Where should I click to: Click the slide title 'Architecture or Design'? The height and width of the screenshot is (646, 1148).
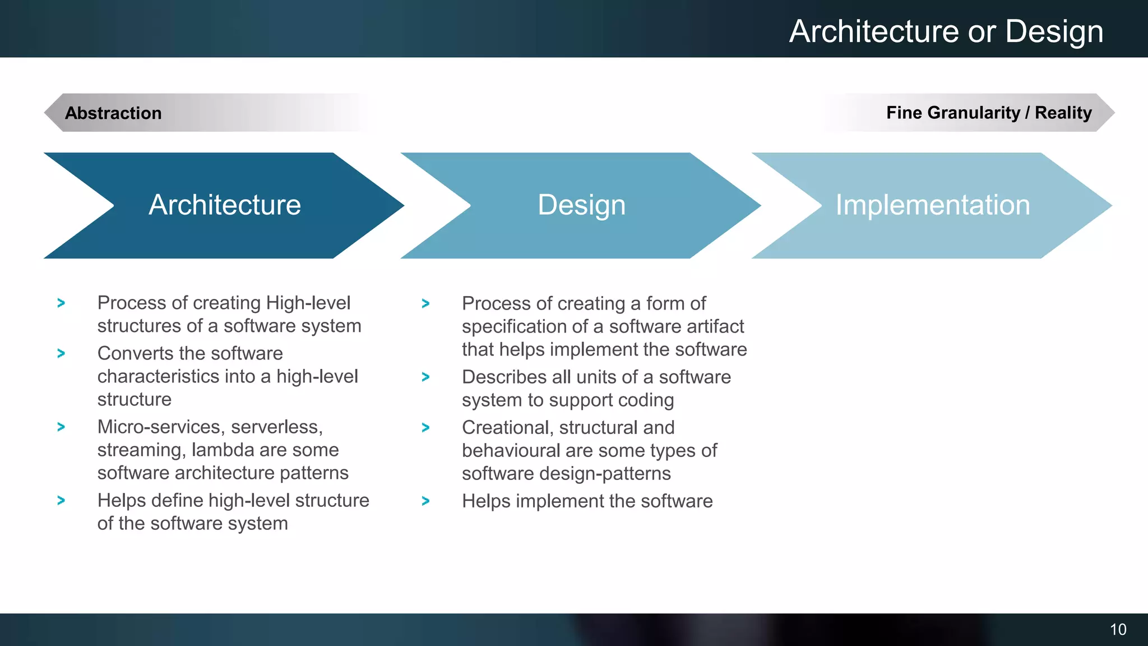click(x=946, y=31)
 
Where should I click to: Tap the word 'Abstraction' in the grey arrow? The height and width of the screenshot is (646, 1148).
click(x=113, y=113)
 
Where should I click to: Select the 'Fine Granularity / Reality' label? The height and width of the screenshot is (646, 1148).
click(x=989, y=113)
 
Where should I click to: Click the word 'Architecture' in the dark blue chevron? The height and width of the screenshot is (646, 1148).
click(x=225, y=205)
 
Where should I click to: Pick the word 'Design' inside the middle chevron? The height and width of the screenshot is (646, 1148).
click(x=581, y=205)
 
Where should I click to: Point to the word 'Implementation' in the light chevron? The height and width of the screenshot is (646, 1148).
click(x=933, y=205)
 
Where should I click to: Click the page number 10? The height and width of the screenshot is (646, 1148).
click(x=1118, y=630)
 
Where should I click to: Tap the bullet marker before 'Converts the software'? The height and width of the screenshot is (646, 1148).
click(x=61, y=353)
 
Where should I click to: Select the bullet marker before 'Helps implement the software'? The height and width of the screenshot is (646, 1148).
click(x=425, y=501)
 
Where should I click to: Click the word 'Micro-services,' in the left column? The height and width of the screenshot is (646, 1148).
click(x=160, y=427)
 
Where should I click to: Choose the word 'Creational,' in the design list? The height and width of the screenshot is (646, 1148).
click(x=507, y=427)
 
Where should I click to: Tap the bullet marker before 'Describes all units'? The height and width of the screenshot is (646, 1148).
click(x=425, y=377)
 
